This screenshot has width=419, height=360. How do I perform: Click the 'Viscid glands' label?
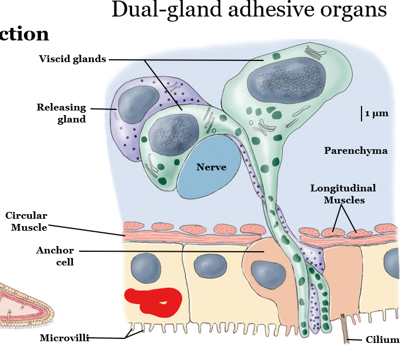point(72,59)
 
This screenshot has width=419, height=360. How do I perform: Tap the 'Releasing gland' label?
point(61,113)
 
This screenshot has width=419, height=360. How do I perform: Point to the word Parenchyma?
point(356,151)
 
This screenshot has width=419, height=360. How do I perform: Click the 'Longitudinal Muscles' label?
point(343,194)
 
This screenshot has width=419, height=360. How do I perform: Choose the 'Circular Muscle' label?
point(26,221)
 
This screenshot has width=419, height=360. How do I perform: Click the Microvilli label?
point(64,338)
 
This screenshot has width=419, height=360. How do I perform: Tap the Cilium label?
point(383,340)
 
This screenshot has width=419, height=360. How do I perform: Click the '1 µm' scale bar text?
point(376,113)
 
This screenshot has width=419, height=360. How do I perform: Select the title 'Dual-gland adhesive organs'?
point(249,10)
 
